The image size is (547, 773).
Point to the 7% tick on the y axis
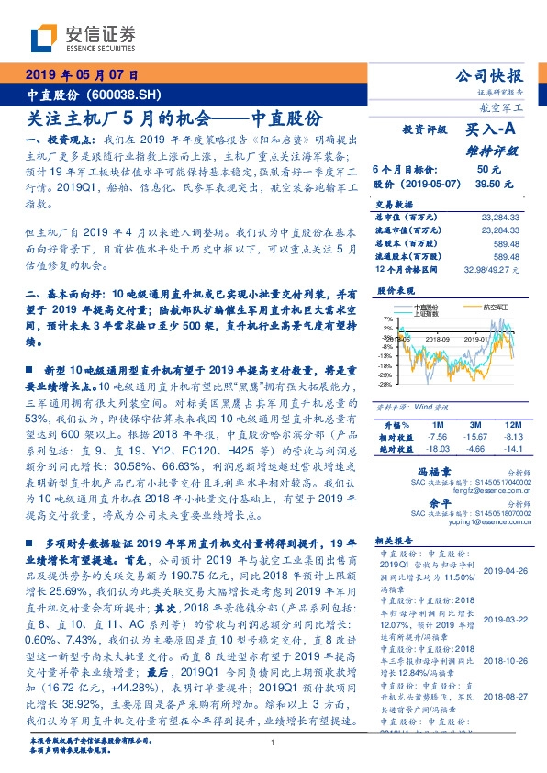tap(388, 319)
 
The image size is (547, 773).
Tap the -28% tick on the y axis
tap(387, 385)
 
